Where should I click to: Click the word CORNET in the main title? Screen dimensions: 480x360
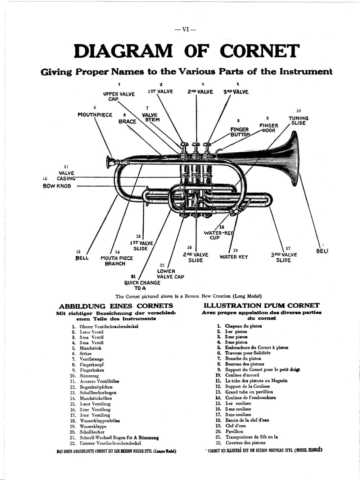point(259,51)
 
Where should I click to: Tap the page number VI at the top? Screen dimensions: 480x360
point(185,30)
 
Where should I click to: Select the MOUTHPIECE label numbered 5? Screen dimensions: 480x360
point(95,115)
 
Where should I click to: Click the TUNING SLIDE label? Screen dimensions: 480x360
point(298,121)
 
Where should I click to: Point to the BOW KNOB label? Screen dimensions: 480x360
point(57,186)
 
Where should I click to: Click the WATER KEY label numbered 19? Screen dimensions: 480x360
point(234,257)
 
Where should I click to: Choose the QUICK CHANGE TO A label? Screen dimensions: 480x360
point(142,285)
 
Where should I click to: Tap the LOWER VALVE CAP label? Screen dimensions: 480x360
point(170,274)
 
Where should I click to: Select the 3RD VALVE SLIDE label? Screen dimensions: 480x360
point(284,257)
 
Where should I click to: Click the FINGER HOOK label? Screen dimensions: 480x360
point(269,128)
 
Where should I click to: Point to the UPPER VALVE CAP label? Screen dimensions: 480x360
point(119,96)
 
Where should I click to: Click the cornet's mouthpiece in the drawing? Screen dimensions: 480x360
point(110,161)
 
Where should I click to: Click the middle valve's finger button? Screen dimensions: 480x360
point(196,145)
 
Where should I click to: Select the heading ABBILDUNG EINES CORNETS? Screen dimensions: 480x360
point(116,306)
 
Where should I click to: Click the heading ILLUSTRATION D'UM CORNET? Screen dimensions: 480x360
point(261,305)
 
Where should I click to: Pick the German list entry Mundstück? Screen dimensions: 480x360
point(90,348)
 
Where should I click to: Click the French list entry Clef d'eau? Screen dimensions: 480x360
point(235,426)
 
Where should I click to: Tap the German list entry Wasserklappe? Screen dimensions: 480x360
point(93,426)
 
